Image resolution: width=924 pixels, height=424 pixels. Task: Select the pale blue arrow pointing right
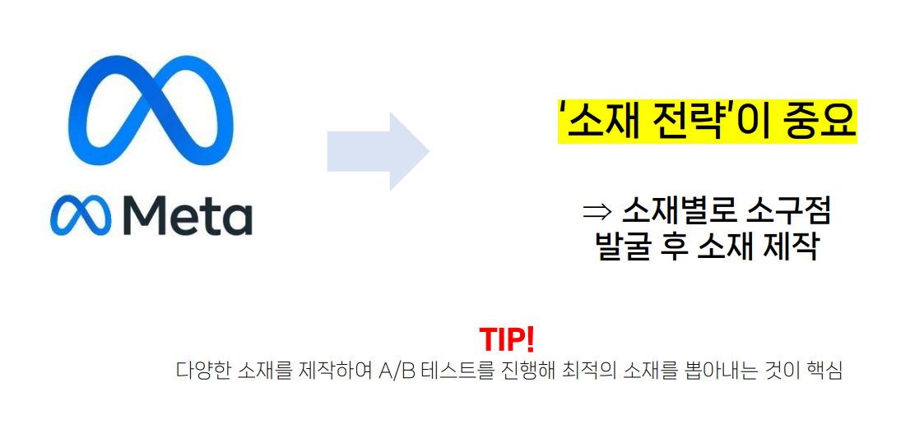[378, 151]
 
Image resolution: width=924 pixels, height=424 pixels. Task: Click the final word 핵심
[824, 371]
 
